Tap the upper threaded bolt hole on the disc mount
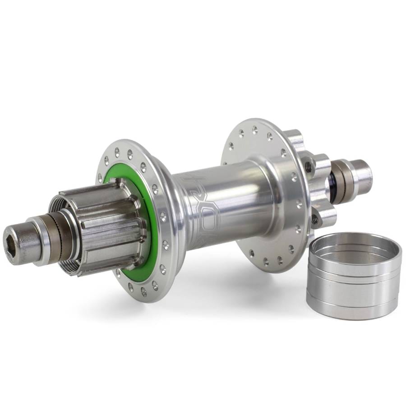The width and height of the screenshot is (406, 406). tap(308, 167)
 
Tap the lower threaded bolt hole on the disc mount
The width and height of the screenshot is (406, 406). tap(314, 220)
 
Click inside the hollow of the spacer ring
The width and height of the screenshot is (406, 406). tap(354, 250)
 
